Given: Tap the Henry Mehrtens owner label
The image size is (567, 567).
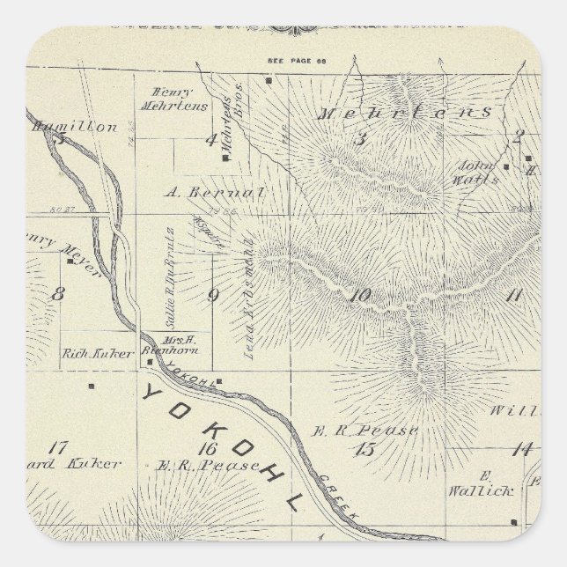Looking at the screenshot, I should [x=173, y=99].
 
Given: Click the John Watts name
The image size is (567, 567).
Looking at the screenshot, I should [x=476, y=173].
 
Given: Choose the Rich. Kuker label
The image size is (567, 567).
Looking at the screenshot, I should [x=98, y=353].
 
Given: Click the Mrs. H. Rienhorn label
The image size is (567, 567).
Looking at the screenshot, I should [x=181, y=342].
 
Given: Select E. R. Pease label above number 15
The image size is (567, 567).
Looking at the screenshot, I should [x=364, y=430].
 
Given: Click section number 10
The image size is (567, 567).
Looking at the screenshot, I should [x=360, y=296].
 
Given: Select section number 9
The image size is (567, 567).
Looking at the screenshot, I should [x=212, y=295].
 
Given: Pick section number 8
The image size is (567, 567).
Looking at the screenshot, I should [x=57, y=295].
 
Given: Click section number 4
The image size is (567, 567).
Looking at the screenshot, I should [x=210, y=138].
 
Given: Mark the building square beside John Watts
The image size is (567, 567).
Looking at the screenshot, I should [x=505, y=165].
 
